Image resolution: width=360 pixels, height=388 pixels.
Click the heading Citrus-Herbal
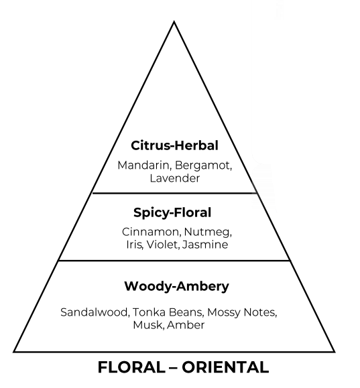coord(174,145)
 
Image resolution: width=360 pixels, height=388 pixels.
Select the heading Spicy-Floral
coord(172,212)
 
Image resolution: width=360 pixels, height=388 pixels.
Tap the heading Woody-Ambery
coord(176,286)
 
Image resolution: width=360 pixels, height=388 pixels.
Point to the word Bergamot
coord(204,166)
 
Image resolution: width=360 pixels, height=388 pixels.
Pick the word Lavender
coord(175,178)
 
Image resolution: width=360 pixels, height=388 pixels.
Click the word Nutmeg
coord(208,233)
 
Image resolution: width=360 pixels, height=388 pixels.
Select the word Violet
coord(163,245)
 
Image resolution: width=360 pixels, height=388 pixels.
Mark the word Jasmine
coord(205,245)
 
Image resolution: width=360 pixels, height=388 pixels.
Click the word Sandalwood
coord(95,312)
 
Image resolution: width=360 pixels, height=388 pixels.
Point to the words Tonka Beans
coord(168,312)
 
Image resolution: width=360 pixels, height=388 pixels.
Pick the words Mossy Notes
coord(242,312)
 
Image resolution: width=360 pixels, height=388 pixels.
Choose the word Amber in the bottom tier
coord(186,325)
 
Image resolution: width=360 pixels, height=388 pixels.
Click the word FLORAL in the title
coord(131,367)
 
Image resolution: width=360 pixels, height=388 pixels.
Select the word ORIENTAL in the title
coord(225,367)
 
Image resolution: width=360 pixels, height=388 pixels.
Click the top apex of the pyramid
coord(174,21)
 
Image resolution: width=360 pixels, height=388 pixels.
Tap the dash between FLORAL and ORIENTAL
coord(174,367)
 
